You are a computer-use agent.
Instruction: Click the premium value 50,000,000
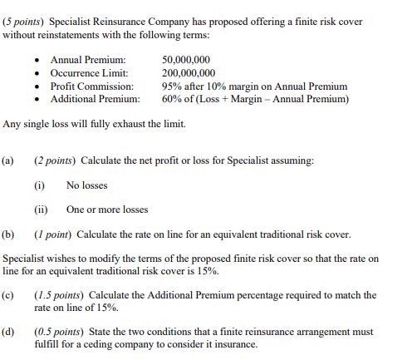click(x=186, y=61)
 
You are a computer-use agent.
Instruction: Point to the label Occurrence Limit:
click(x=91, y=73)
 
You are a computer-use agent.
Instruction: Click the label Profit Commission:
click(x=92, y=86)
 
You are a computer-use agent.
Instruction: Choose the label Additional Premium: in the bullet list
click(x=96, y=98)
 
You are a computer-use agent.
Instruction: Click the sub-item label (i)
click(x=39, y=185)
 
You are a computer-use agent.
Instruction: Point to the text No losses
click(x=86, y=185)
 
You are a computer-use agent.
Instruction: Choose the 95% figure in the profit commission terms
click(x=172, y=86)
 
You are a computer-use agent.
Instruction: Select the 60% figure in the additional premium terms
click(x=172, y=98)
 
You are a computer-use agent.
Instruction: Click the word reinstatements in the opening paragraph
click(x=72, y=35)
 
